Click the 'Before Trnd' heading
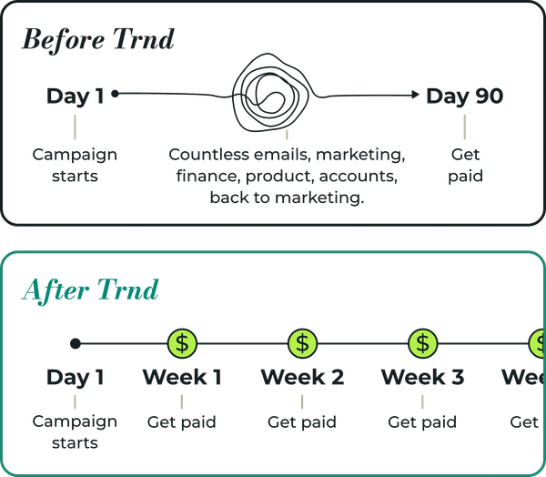click(x=97, y=41)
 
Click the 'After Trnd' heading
click(x=89, y=290)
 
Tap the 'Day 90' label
click(x=464, y=96)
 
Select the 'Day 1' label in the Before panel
click(x=76, y=96)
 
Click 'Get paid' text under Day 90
click(x=465, y=165)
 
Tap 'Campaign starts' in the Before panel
click(x=76, y=165)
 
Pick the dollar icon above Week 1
click(x=183, y=343)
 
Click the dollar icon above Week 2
click(x=302, y=343)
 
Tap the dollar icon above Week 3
click(x=421, y=343)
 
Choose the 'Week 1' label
click(x=182, y=377)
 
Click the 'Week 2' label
click(x=302, y=377)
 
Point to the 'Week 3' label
click(x=422, y=377)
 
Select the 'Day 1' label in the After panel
click(x=76, y=377)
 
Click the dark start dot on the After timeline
click(x=76, y=343)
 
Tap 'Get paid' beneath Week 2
click(x=302, y=422)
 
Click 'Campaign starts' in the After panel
click(x=76, y=432)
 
